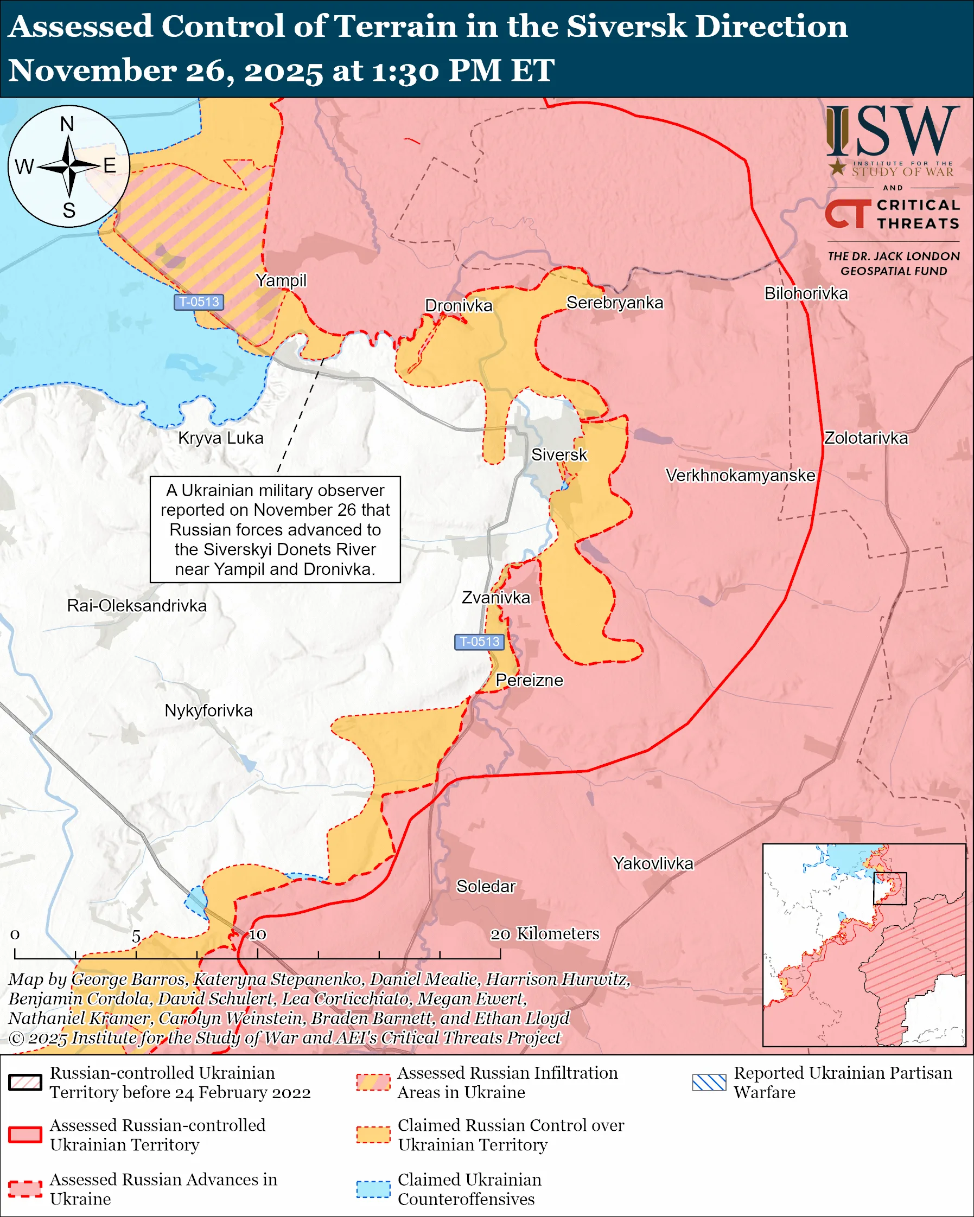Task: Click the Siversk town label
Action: (559, 455)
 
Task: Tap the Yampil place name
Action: (281, 280)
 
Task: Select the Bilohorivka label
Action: (806, 293)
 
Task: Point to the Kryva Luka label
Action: (221, 438)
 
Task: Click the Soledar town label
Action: (486, 886)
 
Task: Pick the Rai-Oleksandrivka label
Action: (137, 606)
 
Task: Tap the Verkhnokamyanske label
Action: (740, 475)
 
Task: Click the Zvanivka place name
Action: (496, 598)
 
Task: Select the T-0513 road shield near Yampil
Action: (199, 302)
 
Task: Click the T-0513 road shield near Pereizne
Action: (479, 642)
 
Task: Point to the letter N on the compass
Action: (67, 124)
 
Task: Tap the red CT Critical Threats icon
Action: (848, 214)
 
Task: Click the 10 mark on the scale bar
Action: (258, 935)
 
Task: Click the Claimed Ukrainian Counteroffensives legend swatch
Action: (373, 1188)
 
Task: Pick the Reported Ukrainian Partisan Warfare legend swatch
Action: (709, 1082)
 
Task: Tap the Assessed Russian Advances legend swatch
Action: (26, 1188)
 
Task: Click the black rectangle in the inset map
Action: (890, 888)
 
